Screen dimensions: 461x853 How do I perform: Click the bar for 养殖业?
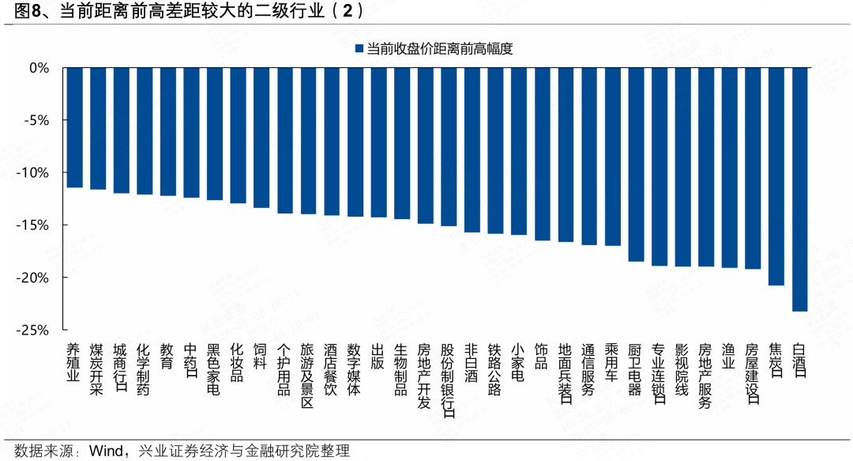click(74, 127)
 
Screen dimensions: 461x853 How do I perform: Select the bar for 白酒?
click(799, 189)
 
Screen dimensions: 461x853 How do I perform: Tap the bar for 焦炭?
click(776, 176)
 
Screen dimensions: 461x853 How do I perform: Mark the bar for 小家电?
click(518, 151)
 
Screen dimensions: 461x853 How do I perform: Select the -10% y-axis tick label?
click(34, 173)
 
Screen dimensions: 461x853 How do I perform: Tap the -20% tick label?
click(34, 278)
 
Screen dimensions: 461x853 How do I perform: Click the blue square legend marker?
click(359, 49)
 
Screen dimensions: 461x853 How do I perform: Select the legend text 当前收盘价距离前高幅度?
click(440, 49)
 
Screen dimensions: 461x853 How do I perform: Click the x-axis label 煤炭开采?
click(97, 370)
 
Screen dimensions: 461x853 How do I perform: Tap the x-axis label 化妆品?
click(238, 363)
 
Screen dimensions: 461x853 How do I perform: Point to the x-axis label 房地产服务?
click(705, 376)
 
